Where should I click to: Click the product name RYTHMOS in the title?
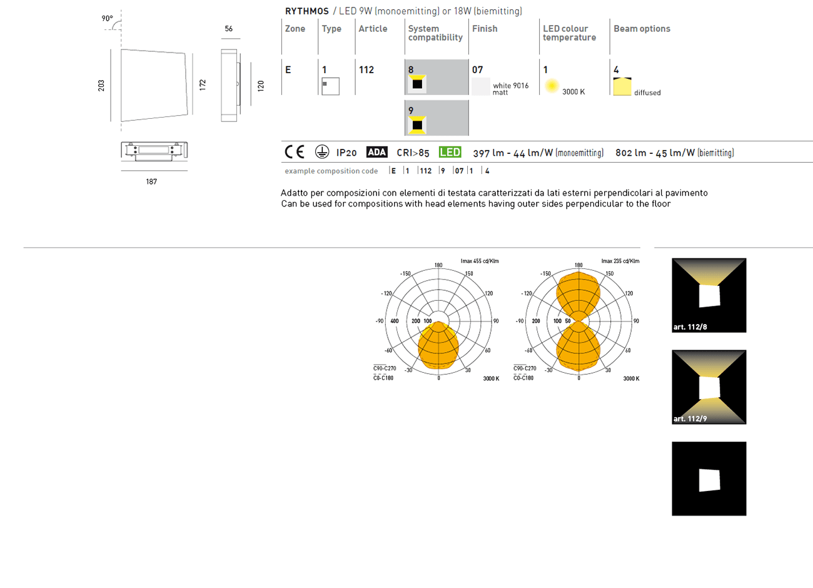coord(306,11)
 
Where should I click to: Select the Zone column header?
coord(295,29)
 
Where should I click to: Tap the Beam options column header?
coord(642,29)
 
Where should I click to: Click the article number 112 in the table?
coord(366,70)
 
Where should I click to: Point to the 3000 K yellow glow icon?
coord(552,86)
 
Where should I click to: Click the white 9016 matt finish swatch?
coord(481,87)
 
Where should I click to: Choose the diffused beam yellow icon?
coord(622,87)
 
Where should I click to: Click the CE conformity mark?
coord(295,152)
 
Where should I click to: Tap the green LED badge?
coord(450,152)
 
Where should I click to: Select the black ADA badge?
coord(376,152)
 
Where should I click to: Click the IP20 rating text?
coord(346,153)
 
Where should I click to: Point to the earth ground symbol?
coord(321,152)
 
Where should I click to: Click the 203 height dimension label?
coord(101,85)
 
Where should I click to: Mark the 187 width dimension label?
coord(151,181)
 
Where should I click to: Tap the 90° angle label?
coord(108,19)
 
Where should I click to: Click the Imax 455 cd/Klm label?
coord(480,261)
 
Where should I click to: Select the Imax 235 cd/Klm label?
coord(620,261)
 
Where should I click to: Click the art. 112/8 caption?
coord(690,327)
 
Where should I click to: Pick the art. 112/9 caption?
coord(690,419)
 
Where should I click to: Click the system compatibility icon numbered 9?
coord(417,124)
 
